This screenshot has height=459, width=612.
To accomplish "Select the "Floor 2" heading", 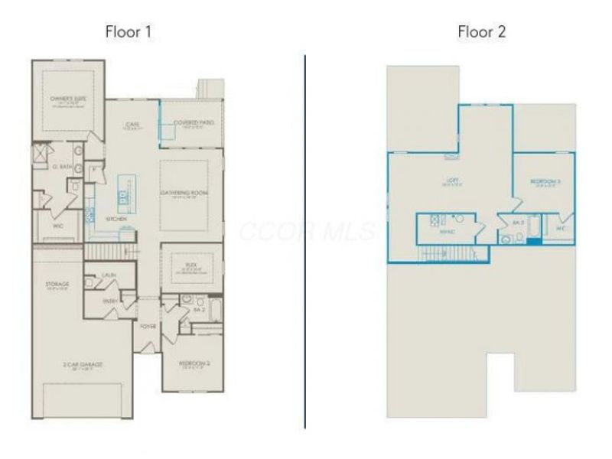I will tap(481, 32).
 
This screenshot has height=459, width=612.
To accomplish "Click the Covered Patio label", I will tap(193, 122).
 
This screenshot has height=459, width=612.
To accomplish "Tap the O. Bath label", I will tap(61, 167).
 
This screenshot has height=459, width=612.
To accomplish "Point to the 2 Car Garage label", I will tap(83, 365).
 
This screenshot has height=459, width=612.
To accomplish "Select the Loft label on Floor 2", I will tap(451, 184).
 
